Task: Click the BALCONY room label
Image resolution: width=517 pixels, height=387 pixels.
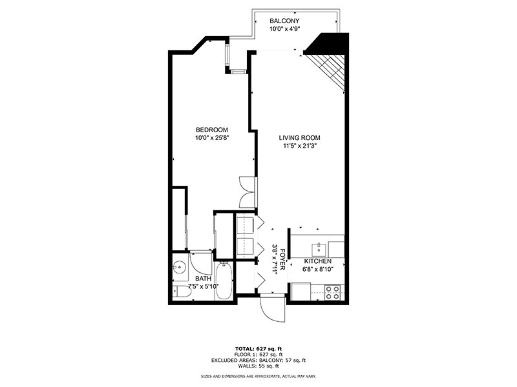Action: coord(285,21)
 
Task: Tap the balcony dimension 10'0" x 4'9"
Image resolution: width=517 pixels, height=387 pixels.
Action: coord(285,29)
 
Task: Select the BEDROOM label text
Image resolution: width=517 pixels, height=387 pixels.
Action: coord(212,130)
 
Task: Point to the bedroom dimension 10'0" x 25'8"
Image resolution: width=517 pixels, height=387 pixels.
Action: coord(212,137)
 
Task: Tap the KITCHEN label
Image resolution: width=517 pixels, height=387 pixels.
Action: coord(317,262)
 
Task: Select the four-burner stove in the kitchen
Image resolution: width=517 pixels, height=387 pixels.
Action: coord(332,292)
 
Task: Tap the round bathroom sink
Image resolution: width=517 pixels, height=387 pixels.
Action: coord(179,266)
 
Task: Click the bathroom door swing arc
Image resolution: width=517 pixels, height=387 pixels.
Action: coord(202,263)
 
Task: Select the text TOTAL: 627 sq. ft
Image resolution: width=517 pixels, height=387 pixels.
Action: coord(258,348)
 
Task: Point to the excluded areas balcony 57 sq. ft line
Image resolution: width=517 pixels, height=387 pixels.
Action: coord(258,359)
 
